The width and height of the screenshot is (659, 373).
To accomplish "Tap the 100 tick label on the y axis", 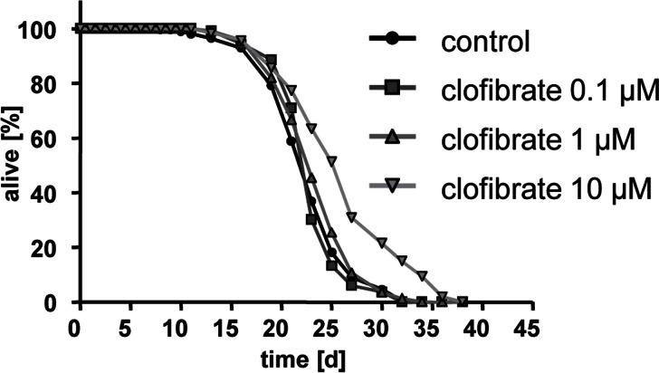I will click(x=45, y=30).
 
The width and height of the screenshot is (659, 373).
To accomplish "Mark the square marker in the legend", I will click(x=390, y=90).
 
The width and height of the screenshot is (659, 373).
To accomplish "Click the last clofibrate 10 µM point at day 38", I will click(x=463, y=301).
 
